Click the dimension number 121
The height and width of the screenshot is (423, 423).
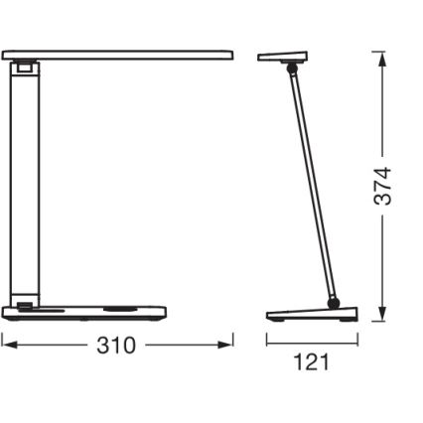pos(312,361)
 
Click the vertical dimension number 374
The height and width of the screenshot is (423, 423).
pos(382,187)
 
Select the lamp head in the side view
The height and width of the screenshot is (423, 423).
pos(281,57)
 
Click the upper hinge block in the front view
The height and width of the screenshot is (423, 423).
pos(23,69)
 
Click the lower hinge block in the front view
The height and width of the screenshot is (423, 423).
pos(23,305)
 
